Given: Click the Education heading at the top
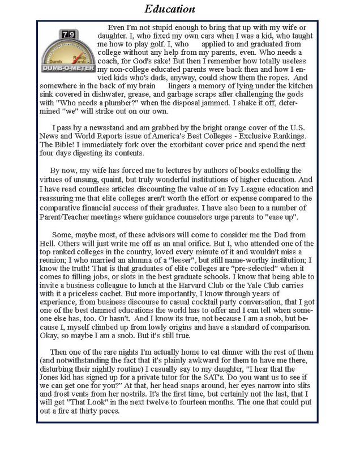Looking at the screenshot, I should click(170, 9).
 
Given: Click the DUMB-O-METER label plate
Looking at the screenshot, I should click(68, 68).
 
